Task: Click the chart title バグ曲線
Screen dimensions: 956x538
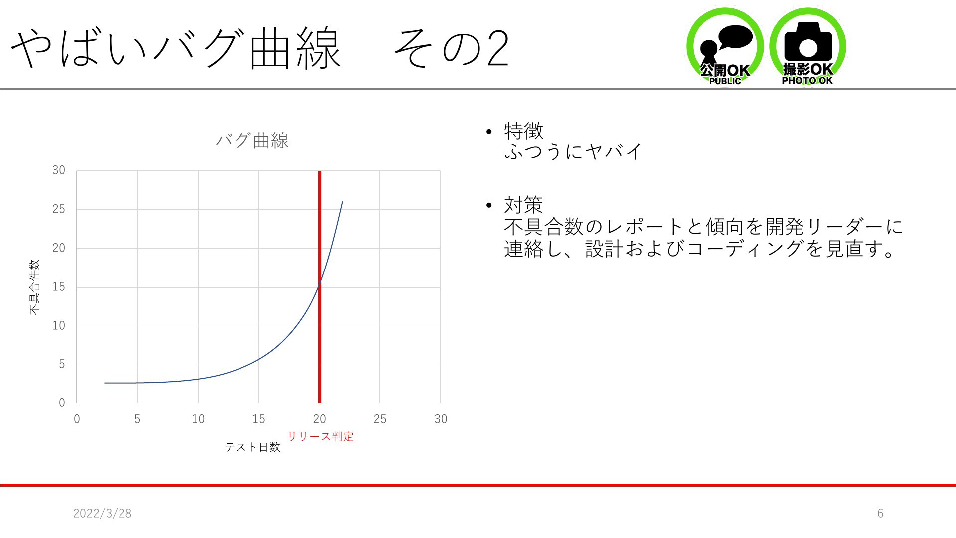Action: (x=252, y=140)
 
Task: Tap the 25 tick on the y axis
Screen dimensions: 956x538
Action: (x=59, y=209)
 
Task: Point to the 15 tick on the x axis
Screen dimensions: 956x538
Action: (x=259, y=419)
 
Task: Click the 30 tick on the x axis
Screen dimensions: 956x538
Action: (x=441, y=419)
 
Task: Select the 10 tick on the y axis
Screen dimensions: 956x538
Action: (x=59, y=326)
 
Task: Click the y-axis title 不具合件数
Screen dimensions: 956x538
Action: (x=34, y=287)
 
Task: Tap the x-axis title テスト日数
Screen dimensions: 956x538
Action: (x=252, y=447)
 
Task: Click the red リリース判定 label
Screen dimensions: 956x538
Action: (x=321, y=436)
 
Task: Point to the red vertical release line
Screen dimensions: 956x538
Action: (x=320, y=287)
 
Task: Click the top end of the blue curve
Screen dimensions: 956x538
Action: (x=342, y=202)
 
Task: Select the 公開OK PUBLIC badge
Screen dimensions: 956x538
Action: (x=725, y=46)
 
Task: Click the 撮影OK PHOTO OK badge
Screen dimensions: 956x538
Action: (x=808, y=46)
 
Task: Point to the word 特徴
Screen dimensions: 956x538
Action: (x=523, y=132)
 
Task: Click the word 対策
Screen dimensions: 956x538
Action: (x=523, y=205)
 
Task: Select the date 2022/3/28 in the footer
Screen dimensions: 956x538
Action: (x=103, y=513)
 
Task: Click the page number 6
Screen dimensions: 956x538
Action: (x=880, y=513)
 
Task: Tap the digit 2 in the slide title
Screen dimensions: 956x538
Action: (x=498, y=48)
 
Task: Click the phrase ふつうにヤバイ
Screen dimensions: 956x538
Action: (x=574, y=151)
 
